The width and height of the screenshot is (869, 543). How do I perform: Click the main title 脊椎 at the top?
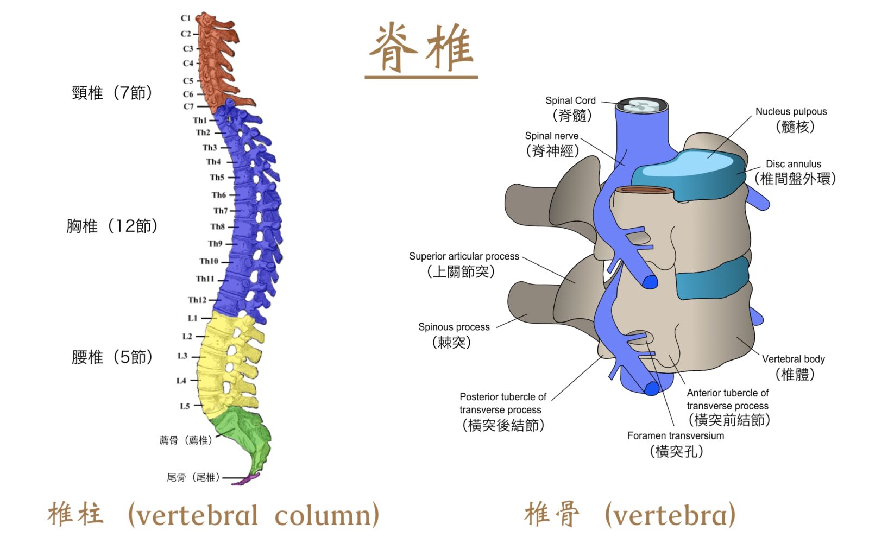pos(421,48)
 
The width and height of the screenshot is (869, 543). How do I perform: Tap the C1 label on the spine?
pos(186,18)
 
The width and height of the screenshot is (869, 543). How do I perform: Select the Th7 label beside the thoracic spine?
pos(221,211)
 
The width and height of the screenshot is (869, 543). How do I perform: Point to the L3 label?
pos(182,356)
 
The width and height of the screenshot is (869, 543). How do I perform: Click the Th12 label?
pos(197,300)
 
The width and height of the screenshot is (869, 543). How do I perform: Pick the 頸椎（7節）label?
pos(112,93)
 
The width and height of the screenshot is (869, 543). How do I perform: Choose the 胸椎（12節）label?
pos(112,226)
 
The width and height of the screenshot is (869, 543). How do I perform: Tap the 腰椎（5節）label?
pos(112,357)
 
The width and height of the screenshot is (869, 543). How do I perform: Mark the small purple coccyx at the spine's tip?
pos(251,479)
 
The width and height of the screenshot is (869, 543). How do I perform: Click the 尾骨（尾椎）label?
pos(193,477)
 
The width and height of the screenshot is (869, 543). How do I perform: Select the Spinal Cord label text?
pos(570,101)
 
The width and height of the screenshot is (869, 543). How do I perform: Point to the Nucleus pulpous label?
pos(791,112)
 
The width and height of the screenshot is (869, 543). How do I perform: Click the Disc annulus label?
pos(794,164)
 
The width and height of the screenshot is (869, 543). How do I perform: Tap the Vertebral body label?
pos(793,359)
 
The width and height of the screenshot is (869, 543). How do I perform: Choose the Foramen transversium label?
pos(676,435)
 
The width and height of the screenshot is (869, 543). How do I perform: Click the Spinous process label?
pos(454,327)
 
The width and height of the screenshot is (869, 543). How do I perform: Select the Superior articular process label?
pos(464,256)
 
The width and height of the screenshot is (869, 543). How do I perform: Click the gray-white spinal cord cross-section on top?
pos(641,105)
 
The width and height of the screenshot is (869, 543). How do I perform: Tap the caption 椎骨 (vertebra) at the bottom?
pos(630,514)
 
